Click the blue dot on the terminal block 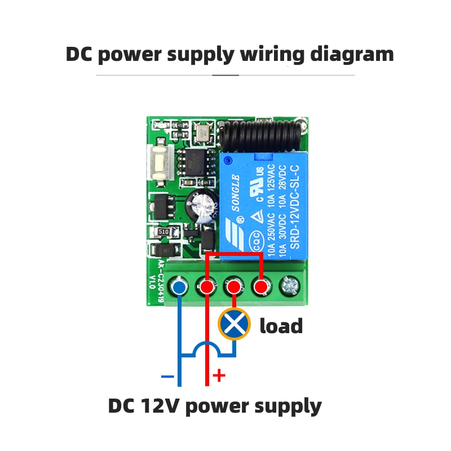[179, 288]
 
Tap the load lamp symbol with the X [233, 324]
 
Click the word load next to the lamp [281, 326]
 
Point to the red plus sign [219, 375]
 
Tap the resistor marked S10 [163, 232]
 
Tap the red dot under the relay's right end [260, 288]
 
